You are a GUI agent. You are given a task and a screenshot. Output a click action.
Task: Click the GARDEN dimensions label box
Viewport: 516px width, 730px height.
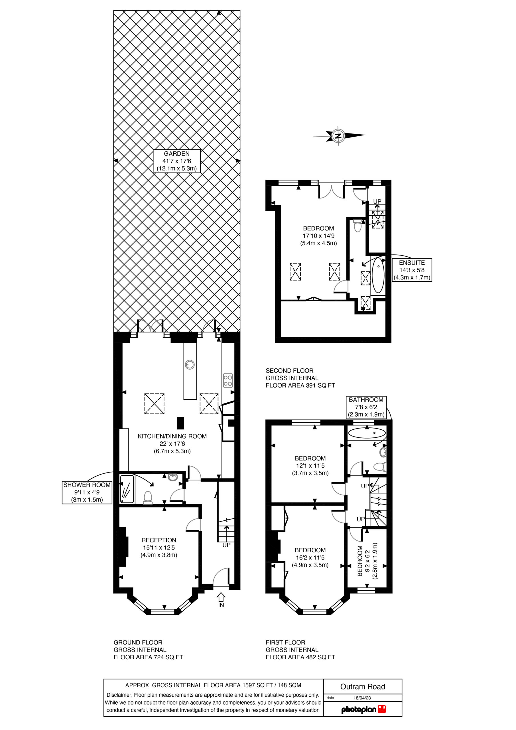177,161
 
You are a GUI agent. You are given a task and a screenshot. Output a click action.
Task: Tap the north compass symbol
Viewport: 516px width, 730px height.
339,136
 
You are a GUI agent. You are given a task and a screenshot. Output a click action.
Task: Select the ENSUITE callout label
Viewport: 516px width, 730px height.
412,270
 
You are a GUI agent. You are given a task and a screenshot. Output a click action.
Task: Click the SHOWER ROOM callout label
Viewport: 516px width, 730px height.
87,492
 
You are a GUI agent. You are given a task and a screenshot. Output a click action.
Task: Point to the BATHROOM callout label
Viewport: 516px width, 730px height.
366,407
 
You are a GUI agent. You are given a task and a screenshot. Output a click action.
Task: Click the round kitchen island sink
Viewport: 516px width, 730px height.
190,365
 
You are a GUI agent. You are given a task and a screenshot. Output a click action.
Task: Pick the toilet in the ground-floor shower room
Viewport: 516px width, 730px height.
148,498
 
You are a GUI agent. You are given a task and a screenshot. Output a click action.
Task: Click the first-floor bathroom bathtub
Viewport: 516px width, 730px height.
367,433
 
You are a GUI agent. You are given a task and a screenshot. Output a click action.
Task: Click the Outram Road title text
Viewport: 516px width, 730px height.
363,687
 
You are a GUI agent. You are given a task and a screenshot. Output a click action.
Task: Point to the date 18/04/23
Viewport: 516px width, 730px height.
362,698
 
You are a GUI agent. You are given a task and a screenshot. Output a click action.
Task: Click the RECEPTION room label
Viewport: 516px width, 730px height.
159,547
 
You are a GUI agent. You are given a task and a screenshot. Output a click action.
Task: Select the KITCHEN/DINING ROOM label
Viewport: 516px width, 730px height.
172,443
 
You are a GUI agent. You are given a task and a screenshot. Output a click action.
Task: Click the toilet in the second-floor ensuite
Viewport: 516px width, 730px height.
358,226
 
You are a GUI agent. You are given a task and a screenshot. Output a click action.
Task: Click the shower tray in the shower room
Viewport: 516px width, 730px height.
127,489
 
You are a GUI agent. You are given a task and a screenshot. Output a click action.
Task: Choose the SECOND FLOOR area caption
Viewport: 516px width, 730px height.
300,378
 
